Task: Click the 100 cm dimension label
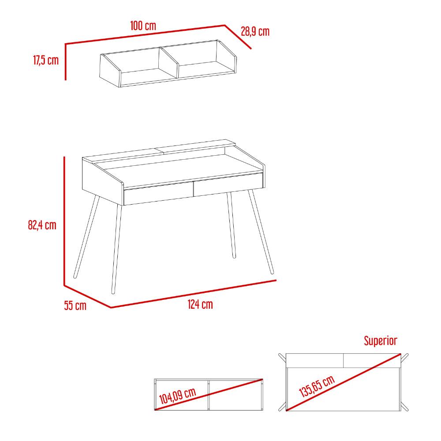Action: click(x=143, y=26)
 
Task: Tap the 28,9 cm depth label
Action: click(x=255, y=31)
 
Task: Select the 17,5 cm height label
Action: click(x=46, y=60)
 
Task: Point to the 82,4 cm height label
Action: click(x=42, y=225)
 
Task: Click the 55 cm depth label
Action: click(x=75, y=306)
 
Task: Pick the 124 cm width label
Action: click(x=200, y=304)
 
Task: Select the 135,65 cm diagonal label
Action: click(x=317, y=386)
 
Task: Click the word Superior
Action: click(x=380, y=340)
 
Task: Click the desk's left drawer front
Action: click(x=159, y=194)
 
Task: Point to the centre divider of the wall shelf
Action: click(x=168, y=63)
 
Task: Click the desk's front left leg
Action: click(x=116, y=249)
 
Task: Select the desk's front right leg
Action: click(x=261, y=232)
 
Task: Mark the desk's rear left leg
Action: click(x=86, y=237)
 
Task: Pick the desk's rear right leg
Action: click(x=232, y=225)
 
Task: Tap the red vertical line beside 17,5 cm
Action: click(x=65, y=62)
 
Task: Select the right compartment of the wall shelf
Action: click(x=198, y=59)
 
